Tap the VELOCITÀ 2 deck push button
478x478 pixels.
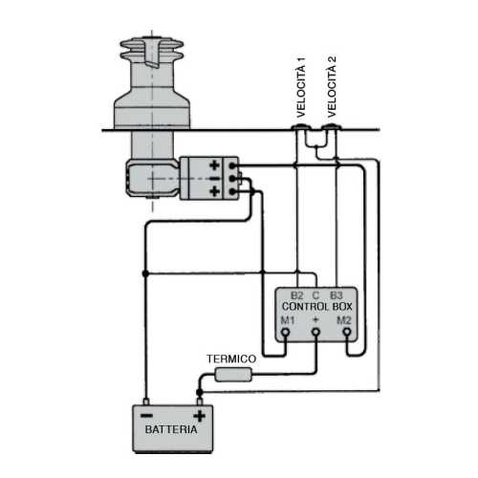point(331,126)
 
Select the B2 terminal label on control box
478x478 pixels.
point(296,295)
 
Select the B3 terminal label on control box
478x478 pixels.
point(336,295)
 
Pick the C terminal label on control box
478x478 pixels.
point(315,295)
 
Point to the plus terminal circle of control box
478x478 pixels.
point(315,333)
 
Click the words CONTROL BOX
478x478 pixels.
point(315,307)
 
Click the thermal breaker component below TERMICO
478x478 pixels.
point(232,375)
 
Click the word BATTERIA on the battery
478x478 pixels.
point(171,430)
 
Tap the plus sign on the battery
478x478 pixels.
point(198,415)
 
